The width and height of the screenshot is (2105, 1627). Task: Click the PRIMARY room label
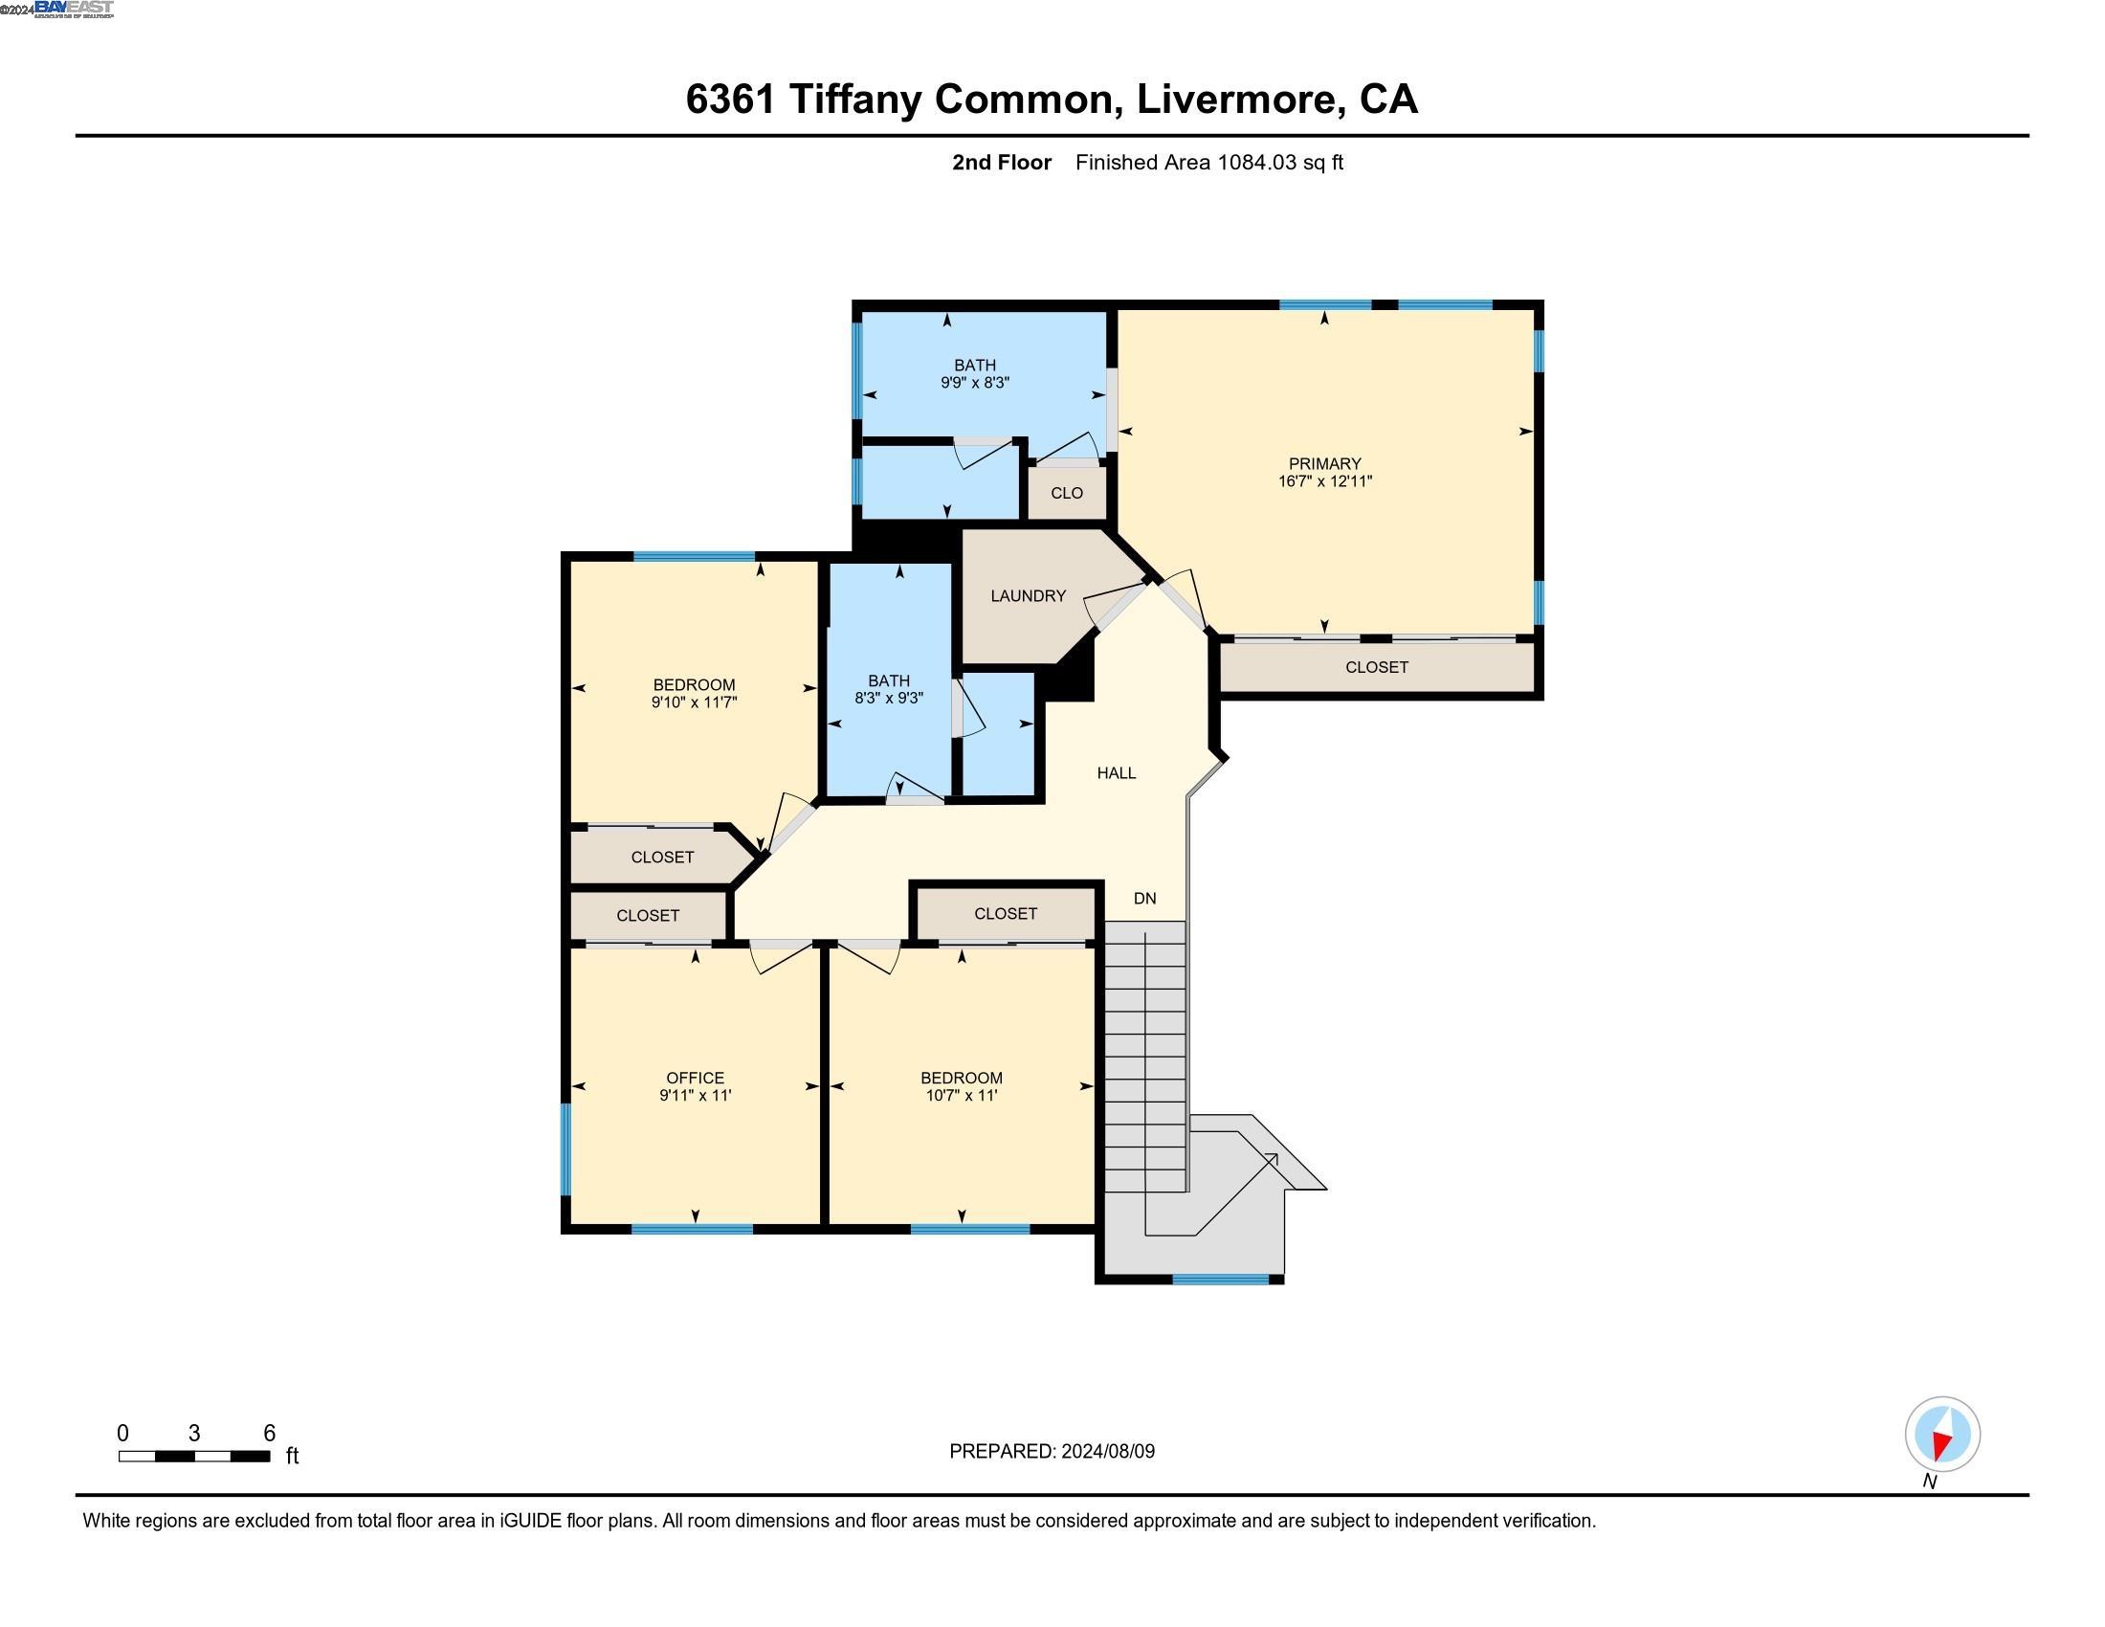tap(1324, 463)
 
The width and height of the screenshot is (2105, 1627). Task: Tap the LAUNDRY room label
tap(1028, 595)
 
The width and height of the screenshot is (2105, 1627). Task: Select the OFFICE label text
tap(695, 1078)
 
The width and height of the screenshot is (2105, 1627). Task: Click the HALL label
tap(1116, 773)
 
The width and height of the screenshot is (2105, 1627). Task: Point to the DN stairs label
tap(1144, 899)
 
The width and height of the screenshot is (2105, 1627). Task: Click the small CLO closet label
tap(1066, 494)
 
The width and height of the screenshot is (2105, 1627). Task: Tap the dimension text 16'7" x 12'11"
tap(1324, 481)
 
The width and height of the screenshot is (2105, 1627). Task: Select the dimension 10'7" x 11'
tap(961, 1096)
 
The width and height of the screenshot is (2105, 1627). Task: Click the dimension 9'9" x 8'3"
tap(974, 383)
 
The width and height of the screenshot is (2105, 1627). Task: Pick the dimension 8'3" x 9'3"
tap(888, 698)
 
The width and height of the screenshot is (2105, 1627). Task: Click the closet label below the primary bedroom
tap(1376, 667)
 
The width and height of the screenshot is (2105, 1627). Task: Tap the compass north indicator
tap(1942, 1436)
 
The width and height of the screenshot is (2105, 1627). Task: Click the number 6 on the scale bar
tap(270, 1434)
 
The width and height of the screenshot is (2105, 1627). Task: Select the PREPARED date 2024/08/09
tap(1107, 1452)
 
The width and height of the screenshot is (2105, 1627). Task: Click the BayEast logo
tap(74, 9)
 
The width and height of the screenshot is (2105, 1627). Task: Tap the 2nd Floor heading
tap(1002, 163)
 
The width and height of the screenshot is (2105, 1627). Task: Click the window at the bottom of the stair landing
tap(1220, 1279)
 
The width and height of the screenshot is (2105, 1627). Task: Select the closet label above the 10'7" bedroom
tap(1006, 914)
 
